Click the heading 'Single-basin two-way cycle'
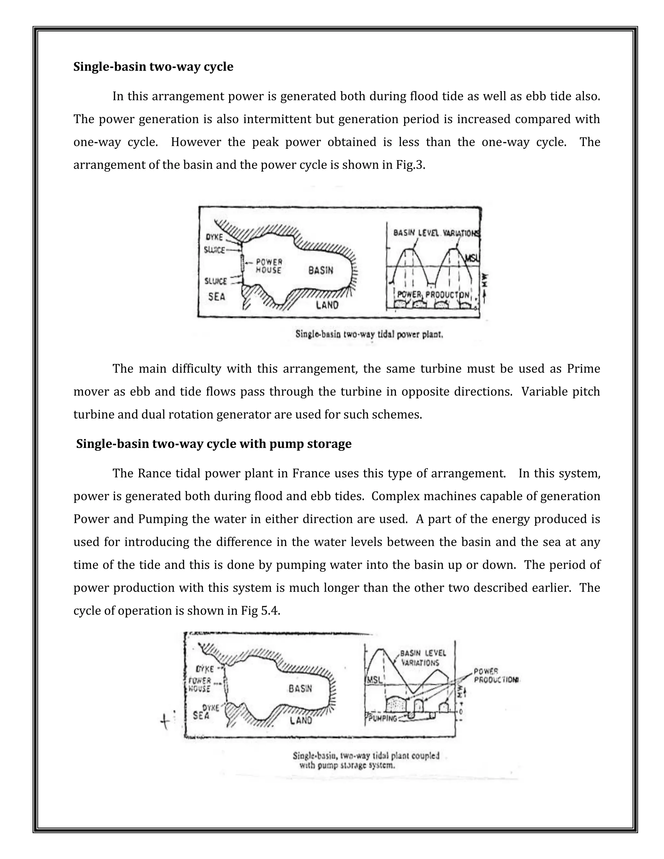[153, 67]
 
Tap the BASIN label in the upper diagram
[321, 270]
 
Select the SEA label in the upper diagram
[217, 297]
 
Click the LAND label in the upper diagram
[327, 305]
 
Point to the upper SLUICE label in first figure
[214, 250]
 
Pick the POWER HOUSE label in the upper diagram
[269, 266]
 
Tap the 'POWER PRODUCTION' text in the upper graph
[433, 295]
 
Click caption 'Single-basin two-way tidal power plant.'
[369, 335]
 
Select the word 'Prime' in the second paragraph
[583, 369]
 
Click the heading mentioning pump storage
[214, 444]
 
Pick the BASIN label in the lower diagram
[300, 688]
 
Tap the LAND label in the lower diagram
[301, 720]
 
